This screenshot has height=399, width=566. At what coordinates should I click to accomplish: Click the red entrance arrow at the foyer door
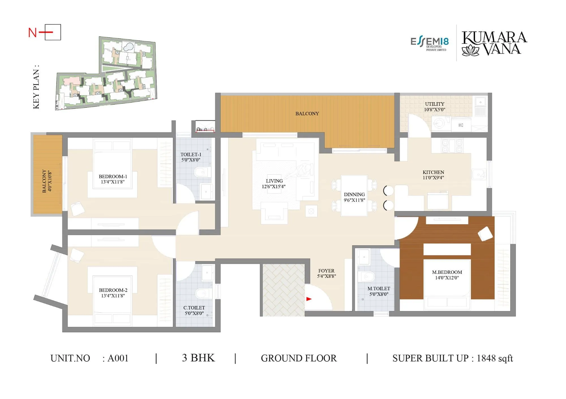(309, 299)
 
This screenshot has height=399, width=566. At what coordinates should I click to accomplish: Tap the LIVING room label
(274, 181)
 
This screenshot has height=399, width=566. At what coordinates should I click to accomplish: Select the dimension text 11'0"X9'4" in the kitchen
(433, 178)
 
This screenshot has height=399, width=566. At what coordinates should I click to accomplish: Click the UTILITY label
(434, 104)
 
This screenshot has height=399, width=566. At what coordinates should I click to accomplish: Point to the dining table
(354, 196)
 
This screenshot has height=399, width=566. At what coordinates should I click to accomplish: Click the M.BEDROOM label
(447, 272)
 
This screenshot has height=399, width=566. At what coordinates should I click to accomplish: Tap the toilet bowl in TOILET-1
(201, 172)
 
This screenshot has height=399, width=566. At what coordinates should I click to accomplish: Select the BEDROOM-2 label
(113, 290)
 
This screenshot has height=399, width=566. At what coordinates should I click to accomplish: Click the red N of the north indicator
(32, 33)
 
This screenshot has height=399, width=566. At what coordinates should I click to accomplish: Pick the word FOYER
(326, 271)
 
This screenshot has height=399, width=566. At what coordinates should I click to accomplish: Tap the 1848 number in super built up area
(486, 358)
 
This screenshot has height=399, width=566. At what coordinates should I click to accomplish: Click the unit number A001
(118, 358)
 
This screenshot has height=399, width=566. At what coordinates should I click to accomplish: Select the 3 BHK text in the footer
(198, 358)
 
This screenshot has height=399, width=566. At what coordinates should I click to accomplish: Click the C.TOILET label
(194, 308)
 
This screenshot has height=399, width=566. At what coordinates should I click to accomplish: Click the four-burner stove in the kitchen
(452, 146)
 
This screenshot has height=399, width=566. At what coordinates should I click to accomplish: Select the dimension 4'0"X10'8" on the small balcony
(50, 181)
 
